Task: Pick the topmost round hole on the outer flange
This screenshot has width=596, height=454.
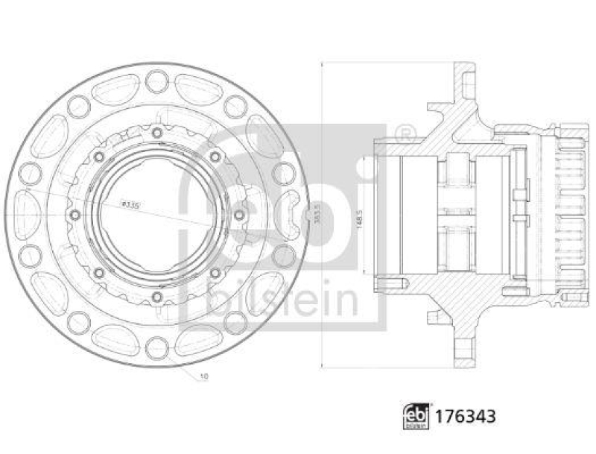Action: tap(157, 80)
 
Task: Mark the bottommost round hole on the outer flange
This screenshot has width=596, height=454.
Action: tap(157, 348)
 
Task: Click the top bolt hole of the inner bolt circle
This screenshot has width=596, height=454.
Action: tap(157, 133)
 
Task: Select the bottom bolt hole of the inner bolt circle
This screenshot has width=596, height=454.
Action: tap(157, 297)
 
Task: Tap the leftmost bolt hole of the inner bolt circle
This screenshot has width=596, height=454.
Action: tap(74, 215)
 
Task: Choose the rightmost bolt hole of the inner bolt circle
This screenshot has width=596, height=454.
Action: tap(239, 215)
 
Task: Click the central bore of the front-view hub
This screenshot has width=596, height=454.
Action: tap(157, 215)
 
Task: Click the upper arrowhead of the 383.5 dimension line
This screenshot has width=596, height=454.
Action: tap(321, 66)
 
